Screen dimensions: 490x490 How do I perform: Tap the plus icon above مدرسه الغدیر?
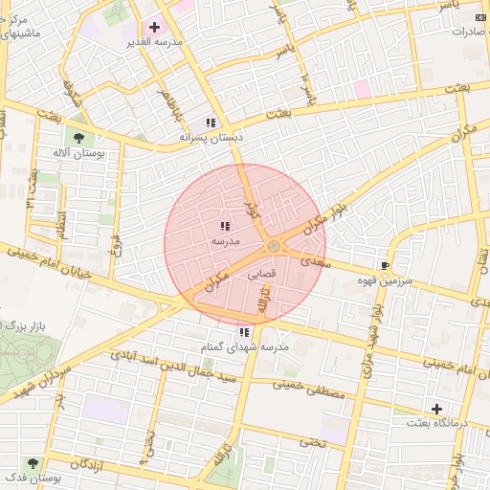coord(154,27)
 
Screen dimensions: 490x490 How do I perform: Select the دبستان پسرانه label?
coord(212,138)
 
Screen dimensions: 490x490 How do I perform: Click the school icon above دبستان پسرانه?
coord(211,122)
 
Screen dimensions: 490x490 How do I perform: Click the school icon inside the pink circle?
coord(224,227)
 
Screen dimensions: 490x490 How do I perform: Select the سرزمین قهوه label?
coord(385,280)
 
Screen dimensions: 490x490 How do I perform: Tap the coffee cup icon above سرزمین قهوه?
coord(385,265)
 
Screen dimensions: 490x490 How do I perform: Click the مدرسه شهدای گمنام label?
coord(244,345)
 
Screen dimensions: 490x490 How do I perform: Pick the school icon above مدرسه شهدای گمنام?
coord(244,331)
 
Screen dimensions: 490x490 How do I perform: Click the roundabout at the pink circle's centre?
coord(275,247)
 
